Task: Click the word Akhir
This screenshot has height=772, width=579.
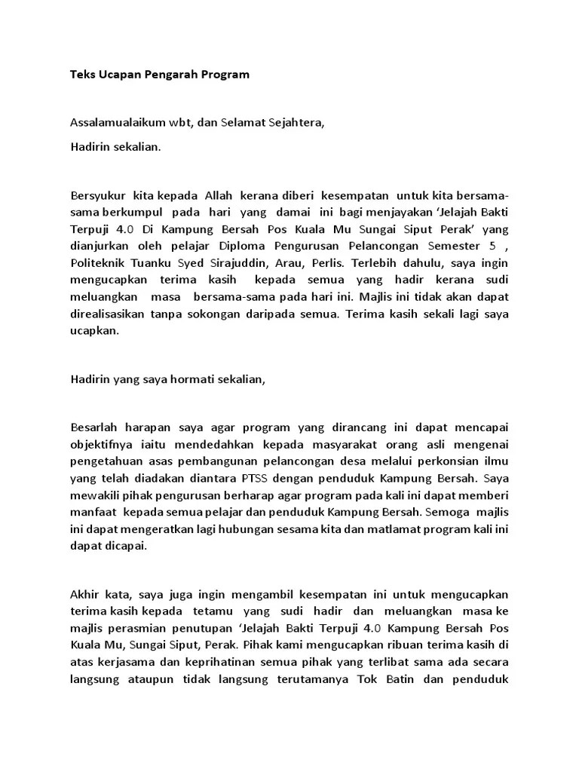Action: pos(85,593)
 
